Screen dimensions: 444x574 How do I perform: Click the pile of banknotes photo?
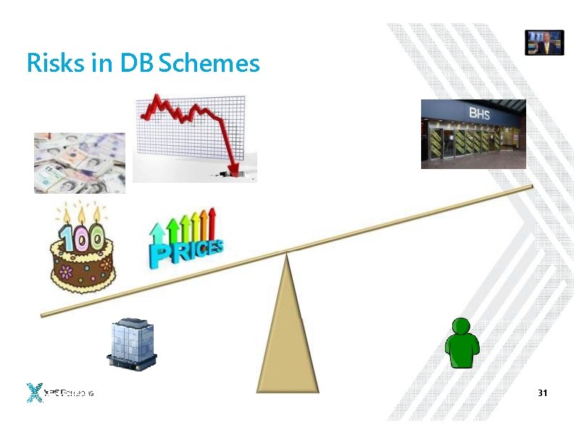(x=79, y=163)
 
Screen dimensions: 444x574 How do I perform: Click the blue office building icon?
(x=132, y=343)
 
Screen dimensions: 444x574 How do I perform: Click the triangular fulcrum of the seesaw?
(x=288, y=334)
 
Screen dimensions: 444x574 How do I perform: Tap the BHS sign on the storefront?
(x=479, y=113)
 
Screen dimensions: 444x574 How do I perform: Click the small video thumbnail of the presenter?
(x=544, y=42)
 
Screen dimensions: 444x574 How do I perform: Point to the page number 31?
(x=542, y=392)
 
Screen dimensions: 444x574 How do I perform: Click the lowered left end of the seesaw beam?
(x=45, y=313)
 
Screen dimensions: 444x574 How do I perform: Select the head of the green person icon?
(x=462, y=327)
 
